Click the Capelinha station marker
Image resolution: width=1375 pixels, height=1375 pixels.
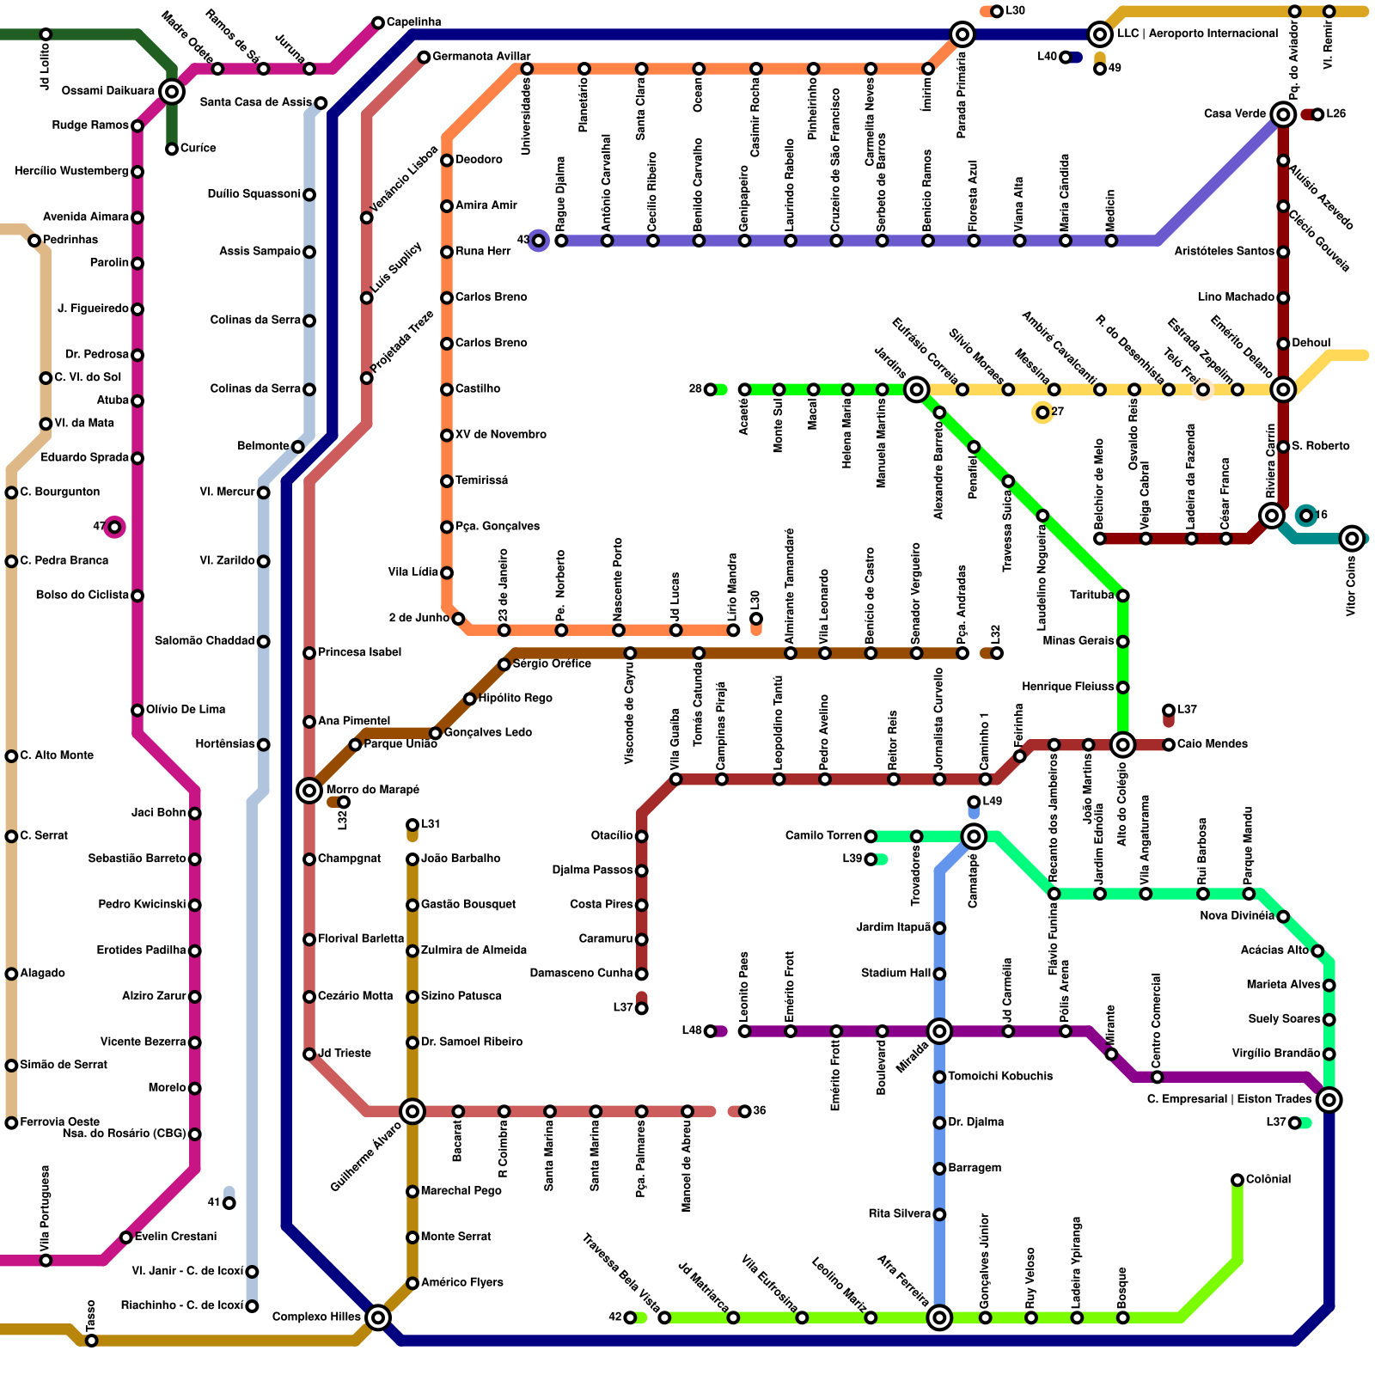(378, 22)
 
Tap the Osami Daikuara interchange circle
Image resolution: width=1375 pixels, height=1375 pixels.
(172, 91)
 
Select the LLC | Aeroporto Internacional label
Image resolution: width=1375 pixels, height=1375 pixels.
(1197, 34)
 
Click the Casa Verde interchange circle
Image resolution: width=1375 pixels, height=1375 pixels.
(1283, 114)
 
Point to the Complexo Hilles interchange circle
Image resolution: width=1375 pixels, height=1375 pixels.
(378, 1317)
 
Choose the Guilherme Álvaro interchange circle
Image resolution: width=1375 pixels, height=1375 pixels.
(412, 1111)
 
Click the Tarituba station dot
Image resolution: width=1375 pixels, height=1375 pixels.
(1122, 596)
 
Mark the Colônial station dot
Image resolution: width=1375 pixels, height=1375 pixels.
(1237, 1180)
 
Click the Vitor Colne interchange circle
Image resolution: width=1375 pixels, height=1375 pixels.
(1352, 539)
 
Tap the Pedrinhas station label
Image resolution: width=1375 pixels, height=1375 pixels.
(70, 240)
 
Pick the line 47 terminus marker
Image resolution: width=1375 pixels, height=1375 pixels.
(114, 527)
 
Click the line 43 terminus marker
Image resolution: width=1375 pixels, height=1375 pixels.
(539, 241)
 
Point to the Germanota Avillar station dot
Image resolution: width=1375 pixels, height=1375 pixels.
(424, 58)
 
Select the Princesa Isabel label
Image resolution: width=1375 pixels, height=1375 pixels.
(359, 652)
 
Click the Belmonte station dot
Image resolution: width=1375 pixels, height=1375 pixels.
(297, 447)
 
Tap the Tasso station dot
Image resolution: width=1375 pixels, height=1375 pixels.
(92, 1341)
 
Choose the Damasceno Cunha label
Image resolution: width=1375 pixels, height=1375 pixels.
(581, 973)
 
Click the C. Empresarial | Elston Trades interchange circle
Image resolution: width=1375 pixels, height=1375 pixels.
(1329, 1099)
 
